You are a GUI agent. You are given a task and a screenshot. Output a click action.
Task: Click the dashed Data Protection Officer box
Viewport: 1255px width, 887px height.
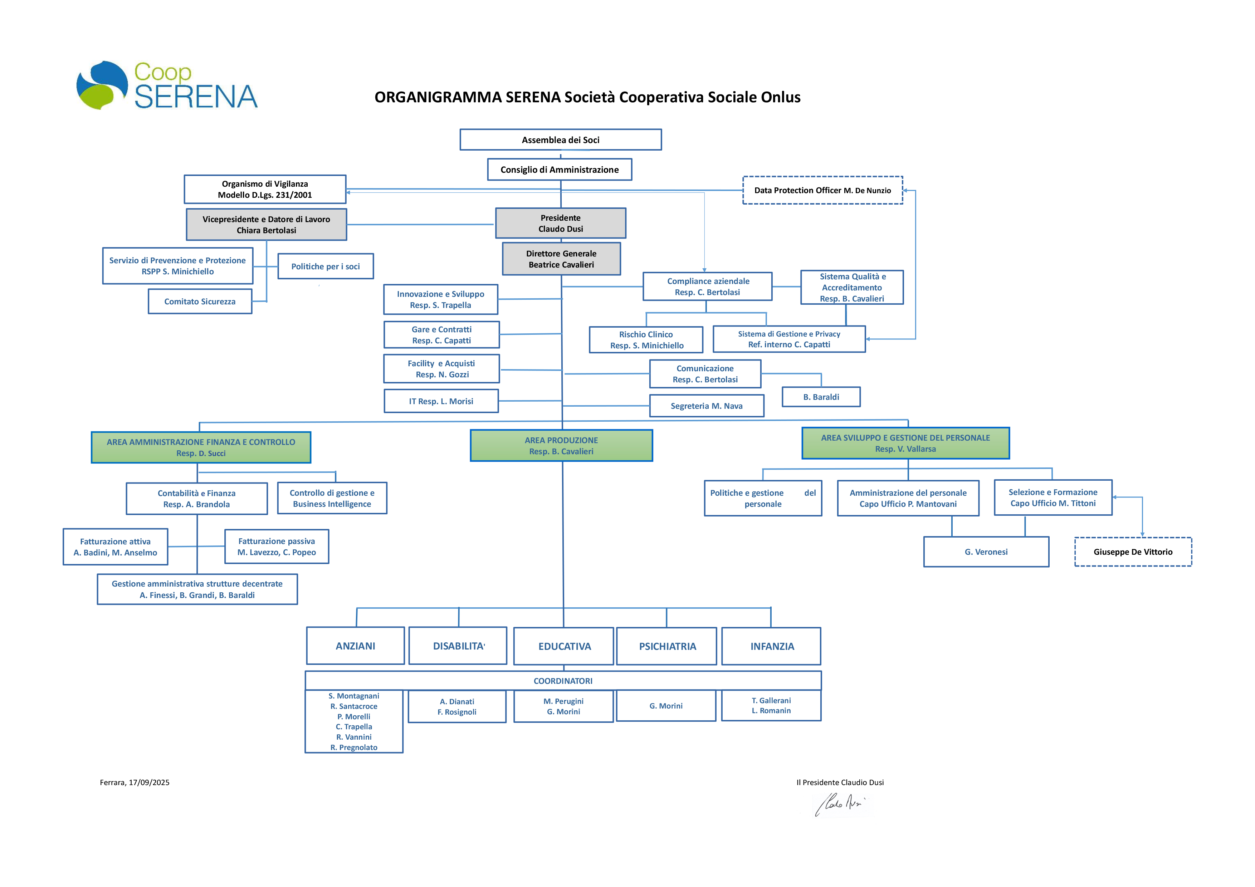coord(822,190)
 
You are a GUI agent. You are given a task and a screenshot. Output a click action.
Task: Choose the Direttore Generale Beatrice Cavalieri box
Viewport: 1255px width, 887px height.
coord(561,259)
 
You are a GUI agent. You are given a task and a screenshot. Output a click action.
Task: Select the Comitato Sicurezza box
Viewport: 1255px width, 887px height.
coord(200,301)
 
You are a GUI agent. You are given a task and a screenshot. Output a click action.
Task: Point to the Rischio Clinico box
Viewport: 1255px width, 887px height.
coord(646,340)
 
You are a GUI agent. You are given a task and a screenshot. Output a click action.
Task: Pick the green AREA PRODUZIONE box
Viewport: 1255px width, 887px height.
coord(561,445)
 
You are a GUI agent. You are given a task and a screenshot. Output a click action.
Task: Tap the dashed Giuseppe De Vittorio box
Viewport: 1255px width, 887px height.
coord(1133,552)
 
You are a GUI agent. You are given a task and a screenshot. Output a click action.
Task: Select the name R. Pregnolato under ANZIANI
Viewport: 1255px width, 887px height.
coord(354,747)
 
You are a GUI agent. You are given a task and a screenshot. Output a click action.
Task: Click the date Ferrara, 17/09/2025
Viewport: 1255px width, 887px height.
coord(135,782)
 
